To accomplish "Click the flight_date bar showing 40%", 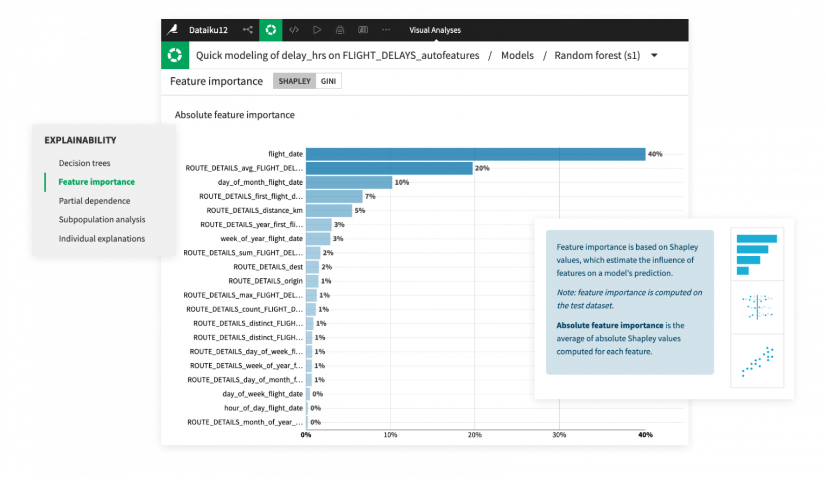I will click(475, 154).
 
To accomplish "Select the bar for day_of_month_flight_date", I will click(349, 183).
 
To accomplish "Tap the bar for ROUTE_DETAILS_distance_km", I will click(329, 211).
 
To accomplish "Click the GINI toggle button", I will click(328, 81).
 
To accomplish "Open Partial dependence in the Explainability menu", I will click(95, 201).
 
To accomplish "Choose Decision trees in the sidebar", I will click(84, 163).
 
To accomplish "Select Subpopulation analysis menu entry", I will click(102, 220).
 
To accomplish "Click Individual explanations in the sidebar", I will click(102, 238).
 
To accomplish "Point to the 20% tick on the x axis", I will click(474, 435).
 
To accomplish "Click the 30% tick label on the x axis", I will click(559, 435).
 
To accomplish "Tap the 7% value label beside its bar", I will click(370, 197).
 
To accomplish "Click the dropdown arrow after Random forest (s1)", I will click(654, 55).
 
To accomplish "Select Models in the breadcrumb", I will click(517, 55).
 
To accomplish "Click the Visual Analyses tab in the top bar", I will click(435, 30).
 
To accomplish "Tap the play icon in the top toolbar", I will click(317, 30).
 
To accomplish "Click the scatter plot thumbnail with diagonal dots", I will click(757, 360).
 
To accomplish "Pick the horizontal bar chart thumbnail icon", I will click(757, 254).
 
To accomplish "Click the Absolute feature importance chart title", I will click(234, 115).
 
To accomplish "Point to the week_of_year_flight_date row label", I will click(261, 238).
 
